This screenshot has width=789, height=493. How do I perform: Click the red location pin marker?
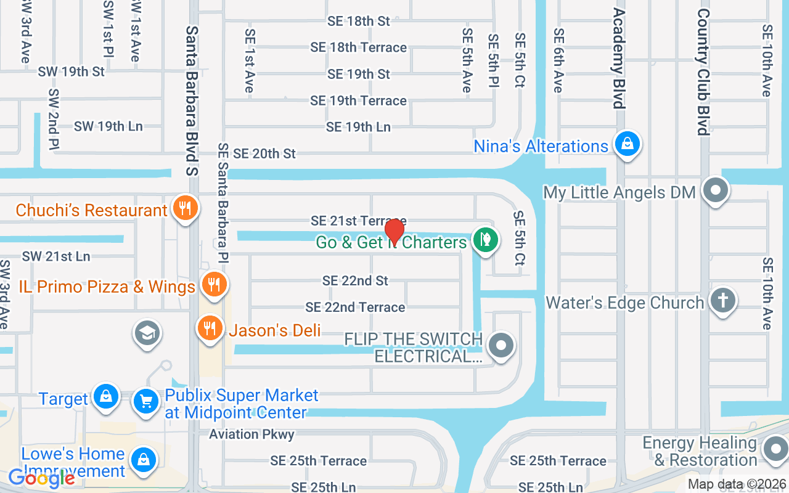coord(394,232)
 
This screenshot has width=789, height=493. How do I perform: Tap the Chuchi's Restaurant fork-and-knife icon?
coord(184,208)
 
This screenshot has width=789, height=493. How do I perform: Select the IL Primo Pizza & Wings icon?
coord(214,285)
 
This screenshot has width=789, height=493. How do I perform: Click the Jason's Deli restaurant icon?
coord(210,328)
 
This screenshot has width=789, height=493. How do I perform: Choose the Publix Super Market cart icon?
coord(146,402)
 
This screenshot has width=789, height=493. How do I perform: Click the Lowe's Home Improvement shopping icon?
coord(144,460)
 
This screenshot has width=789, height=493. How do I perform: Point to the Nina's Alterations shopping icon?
coord(628,144)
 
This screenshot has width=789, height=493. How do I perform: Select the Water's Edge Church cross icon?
coord(723,301)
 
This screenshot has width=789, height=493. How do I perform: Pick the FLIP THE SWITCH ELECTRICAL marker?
coord(501,346)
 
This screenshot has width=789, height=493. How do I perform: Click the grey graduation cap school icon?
coord(147,333)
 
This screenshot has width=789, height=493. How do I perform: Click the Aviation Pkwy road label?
coord(251,434)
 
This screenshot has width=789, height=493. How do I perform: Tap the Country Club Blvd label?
coord(703,72)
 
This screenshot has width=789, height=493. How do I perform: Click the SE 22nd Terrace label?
coord(355,307)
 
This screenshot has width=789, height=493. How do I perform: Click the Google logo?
coord(41,478)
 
